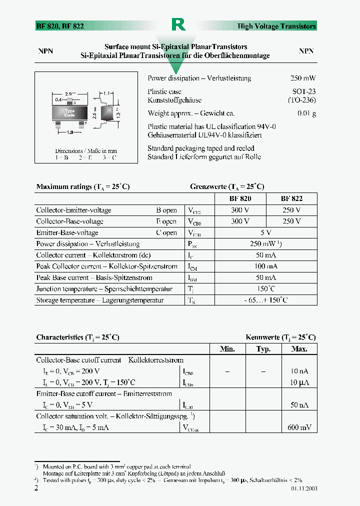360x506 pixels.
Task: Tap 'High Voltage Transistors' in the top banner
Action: click(283, 26)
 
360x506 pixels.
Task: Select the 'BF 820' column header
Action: click(240, 198)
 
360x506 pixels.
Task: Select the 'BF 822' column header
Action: click(291, 198)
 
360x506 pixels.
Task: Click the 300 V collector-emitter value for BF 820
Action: click(240, 210)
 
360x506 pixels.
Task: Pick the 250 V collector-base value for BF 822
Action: click(291, 221)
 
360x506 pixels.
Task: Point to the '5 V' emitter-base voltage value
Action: click(265, 232)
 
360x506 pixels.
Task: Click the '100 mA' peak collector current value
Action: click(265, 266)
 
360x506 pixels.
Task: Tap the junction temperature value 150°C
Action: click(265, 289)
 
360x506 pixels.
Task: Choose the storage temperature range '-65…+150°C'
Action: click(265, 300)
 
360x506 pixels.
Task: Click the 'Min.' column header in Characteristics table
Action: click(227, 349)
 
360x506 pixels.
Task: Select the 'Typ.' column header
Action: click(263, 349)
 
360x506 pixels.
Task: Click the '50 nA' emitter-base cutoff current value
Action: click(300, 405)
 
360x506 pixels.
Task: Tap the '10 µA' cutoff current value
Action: click(299, 382)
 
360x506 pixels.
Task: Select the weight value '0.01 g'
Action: click(306, 113)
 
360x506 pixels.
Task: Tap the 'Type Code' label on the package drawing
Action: click(69, 113)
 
